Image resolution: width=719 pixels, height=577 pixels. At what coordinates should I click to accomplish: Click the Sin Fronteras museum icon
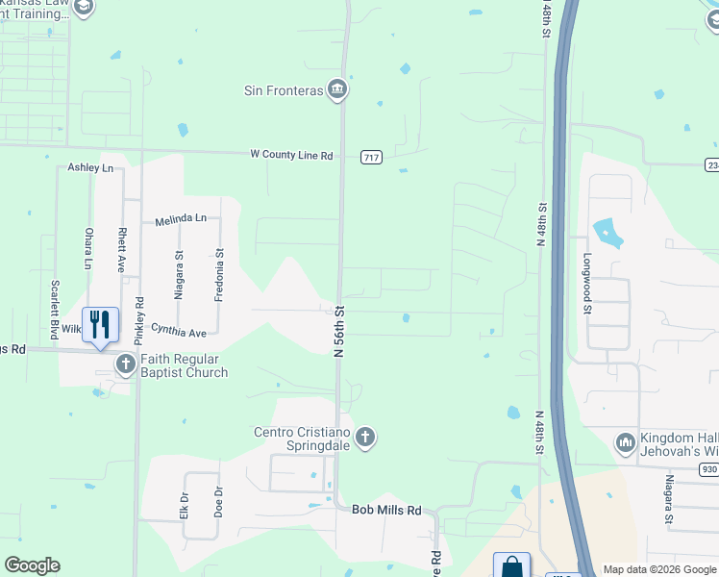coord(336,90)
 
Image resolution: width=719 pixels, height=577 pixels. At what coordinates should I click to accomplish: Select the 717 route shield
coord(372,156)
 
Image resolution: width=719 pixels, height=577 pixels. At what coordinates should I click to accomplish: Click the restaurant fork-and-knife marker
coord(100,325)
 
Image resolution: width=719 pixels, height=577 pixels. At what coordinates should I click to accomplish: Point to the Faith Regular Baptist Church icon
coord(126,364)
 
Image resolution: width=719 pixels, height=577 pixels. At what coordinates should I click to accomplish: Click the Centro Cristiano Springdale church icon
coord(364,439)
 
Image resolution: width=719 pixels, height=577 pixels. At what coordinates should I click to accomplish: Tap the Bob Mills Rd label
coord(386,511)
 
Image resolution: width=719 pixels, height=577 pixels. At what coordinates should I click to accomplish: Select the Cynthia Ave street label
coord(179,333)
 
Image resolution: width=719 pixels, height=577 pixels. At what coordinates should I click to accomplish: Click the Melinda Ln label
coord(181,219)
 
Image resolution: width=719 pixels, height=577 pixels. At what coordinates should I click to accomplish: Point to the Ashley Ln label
coord(90,168)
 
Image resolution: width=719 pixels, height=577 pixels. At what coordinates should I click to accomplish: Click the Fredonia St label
coord(219,276)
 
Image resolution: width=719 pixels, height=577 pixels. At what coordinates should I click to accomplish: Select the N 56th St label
coord(339,332)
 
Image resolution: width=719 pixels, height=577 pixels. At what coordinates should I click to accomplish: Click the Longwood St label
coord(585,284)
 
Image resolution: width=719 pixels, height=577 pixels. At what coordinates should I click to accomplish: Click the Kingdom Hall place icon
coord(626,442)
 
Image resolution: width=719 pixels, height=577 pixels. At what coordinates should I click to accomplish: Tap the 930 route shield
coord(709,468)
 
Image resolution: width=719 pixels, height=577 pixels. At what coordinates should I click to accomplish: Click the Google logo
coord(32,565)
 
